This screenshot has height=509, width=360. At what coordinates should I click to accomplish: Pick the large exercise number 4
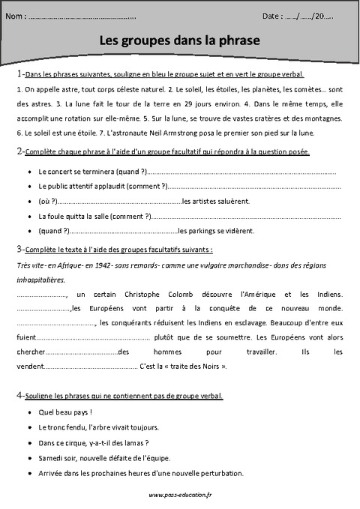[x=18, y=394]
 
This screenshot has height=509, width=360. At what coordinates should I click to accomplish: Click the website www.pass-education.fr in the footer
[x=179, y=496]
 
